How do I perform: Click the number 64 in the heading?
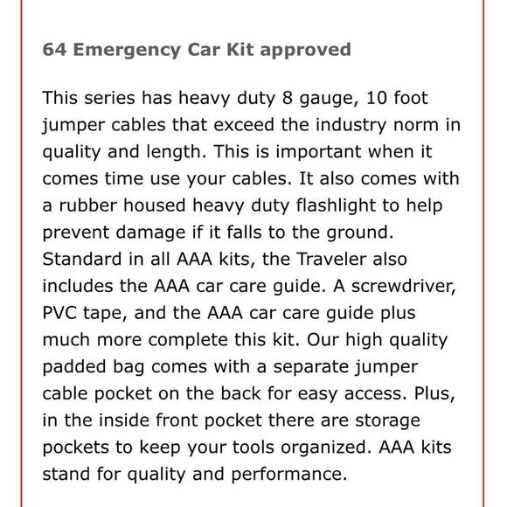point(54,49)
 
